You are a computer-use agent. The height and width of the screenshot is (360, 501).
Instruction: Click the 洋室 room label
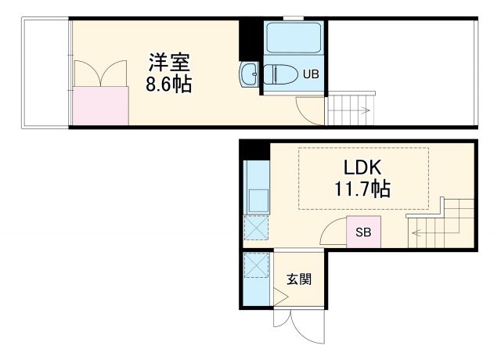(169, 62)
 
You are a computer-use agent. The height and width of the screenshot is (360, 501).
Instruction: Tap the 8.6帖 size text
(168, 84)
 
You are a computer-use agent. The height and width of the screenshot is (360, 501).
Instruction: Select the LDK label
(362, 167)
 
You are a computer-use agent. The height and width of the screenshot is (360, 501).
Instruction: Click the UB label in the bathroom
(311, 76)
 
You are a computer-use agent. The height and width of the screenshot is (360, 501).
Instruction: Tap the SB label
(363, 232)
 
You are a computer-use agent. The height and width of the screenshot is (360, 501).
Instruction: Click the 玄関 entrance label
(298, 279)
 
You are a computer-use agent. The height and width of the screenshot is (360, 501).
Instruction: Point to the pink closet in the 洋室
(100, 106)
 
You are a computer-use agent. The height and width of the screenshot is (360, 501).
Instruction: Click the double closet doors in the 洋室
(100, 75)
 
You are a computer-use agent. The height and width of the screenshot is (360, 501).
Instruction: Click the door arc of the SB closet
(335, 232)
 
